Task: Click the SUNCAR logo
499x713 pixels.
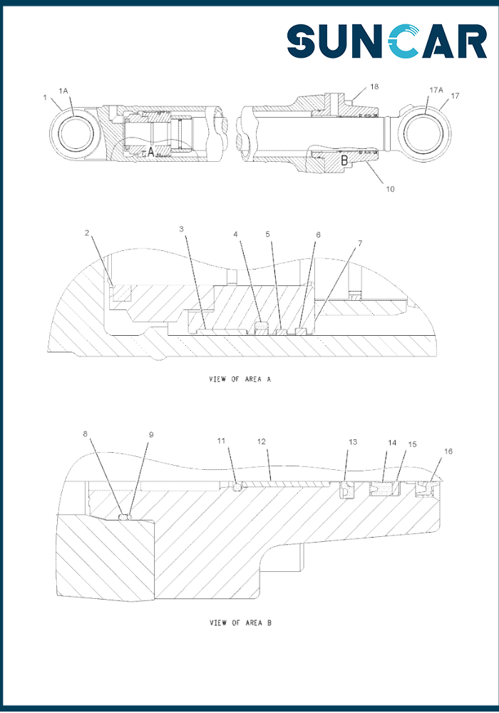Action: click(387, 41)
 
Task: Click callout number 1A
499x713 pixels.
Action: click(63, 91)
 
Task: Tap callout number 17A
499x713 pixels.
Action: click(436, 91)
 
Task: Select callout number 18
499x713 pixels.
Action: click(374, 86)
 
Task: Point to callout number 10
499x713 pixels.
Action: click(390, 190)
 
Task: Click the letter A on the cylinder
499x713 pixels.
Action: click(150, 151)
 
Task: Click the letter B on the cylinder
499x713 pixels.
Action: click(344, 162)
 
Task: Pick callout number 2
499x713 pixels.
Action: click(86, 233)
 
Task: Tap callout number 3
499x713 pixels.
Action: click(182, 229)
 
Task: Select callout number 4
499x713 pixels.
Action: click(236, 234)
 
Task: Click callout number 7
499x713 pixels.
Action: click(360, 243)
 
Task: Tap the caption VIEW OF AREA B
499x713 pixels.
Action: click(240, 623)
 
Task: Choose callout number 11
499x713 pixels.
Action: click(222, 441)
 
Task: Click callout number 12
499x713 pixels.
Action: click(261, 441)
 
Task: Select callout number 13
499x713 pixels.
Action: click(352, 442)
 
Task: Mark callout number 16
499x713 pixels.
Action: click(448, 451)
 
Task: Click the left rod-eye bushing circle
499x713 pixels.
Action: click(73, 132)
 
